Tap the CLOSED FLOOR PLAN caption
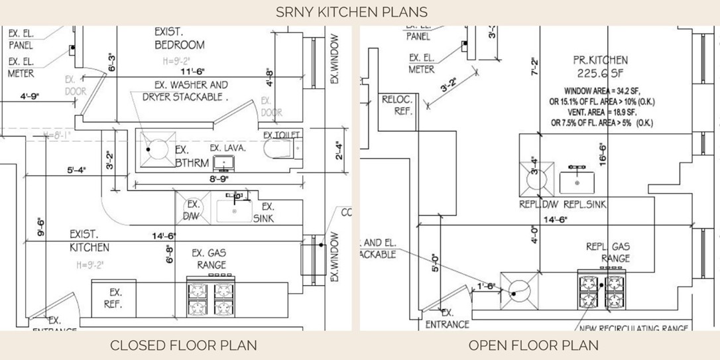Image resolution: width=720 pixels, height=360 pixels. [184, 345]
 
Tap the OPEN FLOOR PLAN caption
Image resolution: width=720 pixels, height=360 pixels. [534, 345]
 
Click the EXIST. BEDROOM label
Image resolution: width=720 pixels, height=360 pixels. [179, 38]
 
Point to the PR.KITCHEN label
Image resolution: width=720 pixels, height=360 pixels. [600, 60]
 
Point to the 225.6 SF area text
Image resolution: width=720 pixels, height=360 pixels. [600, 73]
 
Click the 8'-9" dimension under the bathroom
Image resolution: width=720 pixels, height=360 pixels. [219, 179]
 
